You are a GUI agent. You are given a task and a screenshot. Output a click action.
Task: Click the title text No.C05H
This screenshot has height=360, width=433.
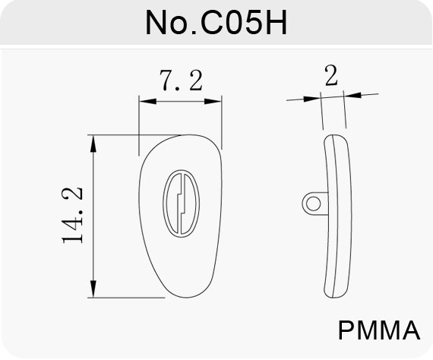[216, 23]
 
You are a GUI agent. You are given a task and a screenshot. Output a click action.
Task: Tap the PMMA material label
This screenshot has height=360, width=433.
[379, 330]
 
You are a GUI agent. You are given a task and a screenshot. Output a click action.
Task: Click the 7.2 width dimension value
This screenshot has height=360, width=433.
[182, 81]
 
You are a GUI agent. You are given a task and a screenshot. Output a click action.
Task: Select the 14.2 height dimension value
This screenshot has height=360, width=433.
[73, 215]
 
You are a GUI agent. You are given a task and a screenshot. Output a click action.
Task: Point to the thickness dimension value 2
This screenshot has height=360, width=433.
[331, 75]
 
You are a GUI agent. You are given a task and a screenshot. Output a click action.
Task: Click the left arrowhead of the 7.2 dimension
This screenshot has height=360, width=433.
[147, 101]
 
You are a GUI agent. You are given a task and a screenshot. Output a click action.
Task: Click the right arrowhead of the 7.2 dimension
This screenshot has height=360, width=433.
[213, 101]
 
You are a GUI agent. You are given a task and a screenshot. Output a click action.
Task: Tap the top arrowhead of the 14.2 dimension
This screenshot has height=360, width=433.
[93, 144]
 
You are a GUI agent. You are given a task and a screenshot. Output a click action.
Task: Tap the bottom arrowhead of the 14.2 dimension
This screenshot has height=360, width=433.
[93, 289]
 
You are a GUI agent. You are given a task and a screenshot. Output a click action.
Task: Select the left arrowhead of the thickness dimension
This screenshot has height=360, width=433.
[312, 99]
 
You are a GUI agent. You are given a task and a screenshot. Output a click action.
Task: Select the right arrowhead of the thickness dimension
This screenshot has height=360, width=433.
[352, 95]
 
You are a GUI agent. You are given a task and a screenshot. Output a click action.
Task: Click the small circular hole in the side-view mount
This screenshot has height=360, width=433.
[314, 204]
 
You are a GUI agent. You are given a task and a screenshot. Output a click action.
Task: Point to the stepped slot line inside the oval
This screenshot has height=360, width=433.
[179, 204]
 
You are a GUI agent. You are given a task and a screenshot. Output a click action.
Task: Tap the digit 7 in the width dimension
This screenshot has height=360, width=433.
[167, 81]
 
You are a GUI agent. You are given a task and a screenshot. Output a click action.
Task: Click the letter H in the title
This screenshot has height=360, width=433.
[277, 23]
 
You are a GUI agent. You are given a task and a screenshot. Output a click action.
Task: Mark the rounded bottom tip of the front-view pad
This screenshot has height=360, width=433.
[186, 297]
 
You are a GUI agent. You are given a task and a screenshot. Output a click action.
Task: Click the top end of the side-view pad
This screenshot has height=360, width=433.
[335, 135]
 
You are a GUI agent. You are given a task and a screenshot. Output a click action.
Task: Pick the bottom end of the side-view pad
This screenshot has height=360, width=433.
[334, 298]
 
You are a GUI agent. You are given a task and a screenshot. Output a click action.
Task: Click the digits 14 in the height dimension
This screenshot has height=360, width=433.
[73, 229]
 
